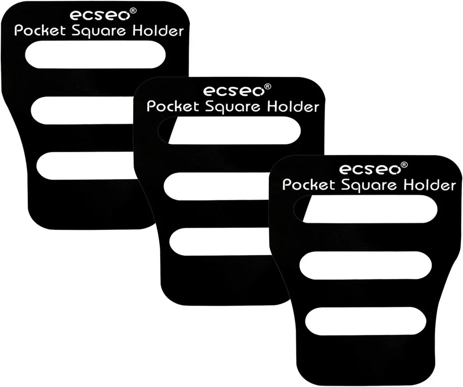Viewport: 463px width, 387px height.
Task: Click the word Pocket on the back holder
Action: coord(40,30)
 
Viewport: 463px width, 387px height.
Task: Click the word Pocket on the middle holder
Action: coord(173,106)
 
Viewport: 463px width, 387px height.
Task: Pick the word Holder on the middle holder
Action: coord(293,106)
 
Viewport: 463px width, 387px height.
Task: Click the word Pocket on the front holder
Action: coord(309,185)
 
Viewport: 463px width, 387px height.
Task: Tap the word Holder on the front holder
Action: coord(430,185)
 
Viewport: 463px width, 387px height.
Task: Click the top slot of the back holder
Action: coord(95,55)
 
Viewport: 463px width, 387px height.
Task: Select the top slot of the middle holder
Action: coord(230,131)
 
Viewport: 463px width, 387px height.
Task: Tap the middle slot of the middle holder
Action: coord(216,186)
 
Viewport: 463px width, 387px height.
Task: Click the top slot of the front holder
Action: coord(366,209)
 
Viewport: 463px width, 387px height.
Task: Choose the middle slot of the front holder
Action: coord(366,266)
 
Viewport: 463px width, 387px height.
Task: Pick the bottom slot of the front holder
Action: coord(366,321)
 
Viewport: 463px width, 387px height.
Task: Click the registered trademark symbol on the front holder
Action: coord(404,164)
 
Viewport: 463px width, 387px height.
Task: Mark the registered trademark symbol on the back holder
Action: coord(133,11)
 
